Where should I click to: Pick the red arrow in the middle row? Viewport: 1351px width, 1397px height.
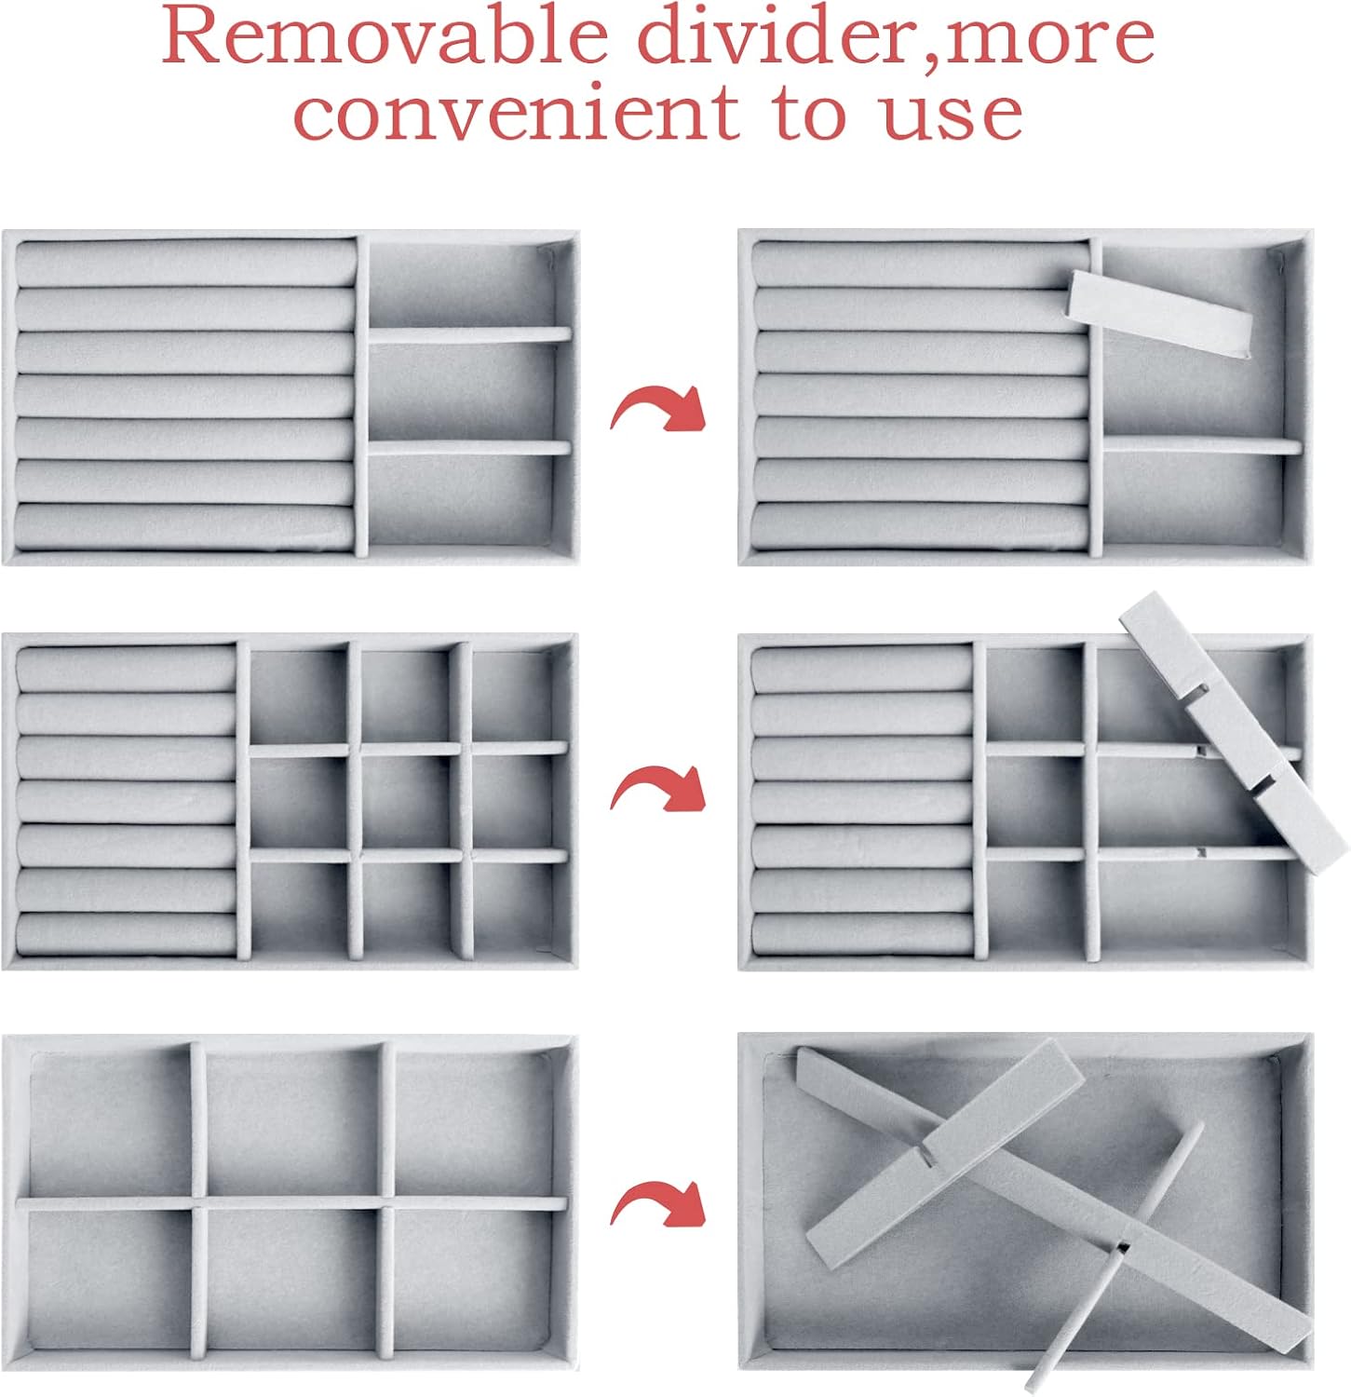pyautogui.click(x=658, y=790)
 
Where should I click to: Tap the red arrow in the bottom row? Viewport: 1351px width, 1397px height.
pyautogui.click(x=658, y=1204)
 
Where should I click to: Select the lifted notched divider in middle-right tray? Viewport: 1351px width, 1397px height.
pyautogui.click(x=1234, y=732)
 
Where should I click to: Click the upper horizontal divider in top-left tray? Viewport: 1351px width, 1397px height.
pyautogui.click(x=469, y=334)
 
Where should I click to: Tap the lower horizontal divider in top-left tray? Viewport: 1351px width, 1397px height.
pyautogui.click(x=469, y=448)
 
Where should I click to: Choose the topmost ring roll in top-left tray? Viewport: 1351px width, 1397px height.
pyautogui.click(x=186, y=264)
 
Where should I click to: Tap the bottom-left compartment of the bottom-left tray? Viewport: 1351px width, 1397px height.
pyautogui.click(x=109, y=1281)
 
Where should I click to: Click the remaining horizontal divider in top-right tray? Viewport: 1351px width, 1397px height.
pyautogui.click(x=1202, y=446)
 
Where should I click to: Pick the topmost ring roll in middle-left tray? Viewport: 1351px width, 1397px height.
pyautogui.click(x=126, y=670)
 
